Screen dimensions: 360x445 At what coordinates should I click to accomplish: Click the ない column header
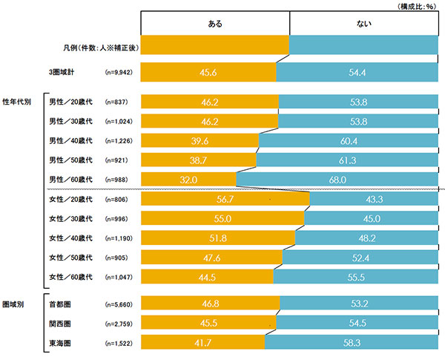(364, 24)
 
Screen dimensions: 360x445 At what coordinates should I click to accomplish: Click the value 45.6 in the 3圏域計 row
(207, 72)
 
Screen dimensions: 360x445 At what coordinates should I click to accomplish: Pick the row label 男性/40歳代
(70, 140)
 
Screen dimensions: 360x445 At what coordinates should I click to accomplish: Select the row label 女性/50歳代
(70, 258)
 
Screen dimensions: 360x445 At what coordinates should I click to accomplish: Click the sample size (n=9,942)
(120, 72)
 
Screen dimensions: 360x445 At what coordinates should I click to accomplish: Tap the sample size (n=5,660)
(120, 304)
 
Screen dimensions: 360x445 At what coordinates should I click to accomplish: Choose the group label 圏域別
(14, 304)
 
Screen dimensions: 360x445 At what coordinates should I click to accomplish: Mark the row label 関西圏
(59, 323)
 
